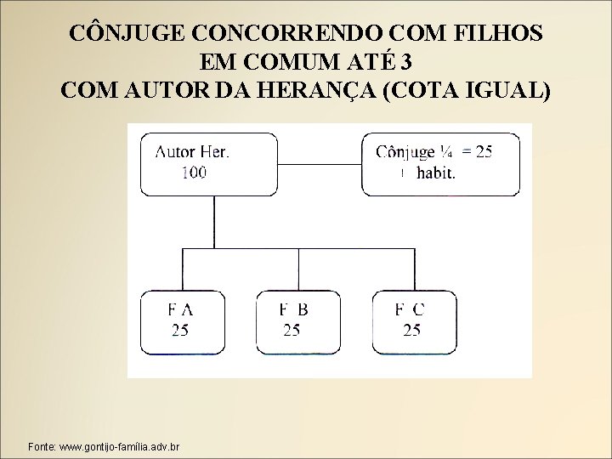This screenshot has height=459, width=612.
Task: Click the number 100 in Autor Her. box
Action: pos(193,173)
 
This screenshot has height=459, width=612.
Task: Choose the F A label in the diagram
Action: pos(180,310)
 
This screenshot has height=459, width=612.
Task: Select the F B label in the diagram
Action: pos(293,310)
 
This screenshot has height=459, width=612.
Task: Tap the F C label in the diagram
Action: pos(411,310)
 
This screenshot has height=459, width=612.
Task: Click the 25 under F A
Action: pos(180,330)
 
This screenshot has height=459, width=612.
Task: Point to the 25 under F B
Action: pos(292,330)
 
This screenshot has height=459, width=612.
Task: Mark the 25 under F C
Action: pos(411,330)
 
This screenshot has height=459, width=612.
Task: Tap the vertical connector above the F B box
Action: pos(297,269)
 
